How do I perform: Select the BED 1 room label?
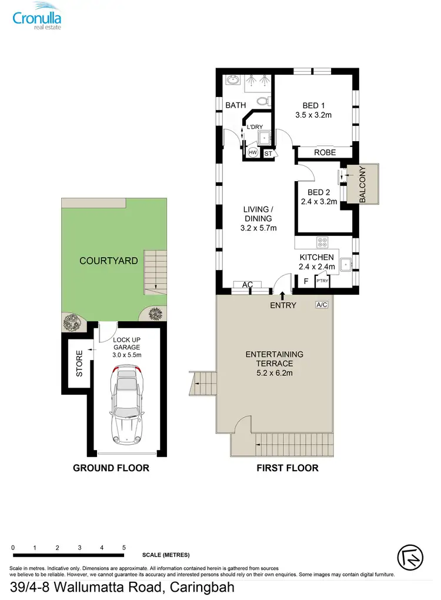click(x=313, y=106)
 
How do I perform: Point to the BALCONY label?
click(x=362, y=185)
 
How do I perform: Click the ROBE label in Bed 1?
click(x=325, y=152)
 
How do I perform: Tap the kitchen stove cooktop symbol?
click(x=323, y=242)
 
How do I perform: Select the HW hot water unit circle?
click(x=253, y=152)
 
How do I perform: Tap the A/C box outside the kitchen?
click(x=322, y=305)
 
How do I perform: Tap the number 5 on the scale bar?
click(x=123, y=547)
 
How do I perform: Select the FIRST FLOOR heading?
click(x=288, y=468)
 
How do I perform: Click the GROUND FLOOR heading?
click(x=111, y=468)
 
